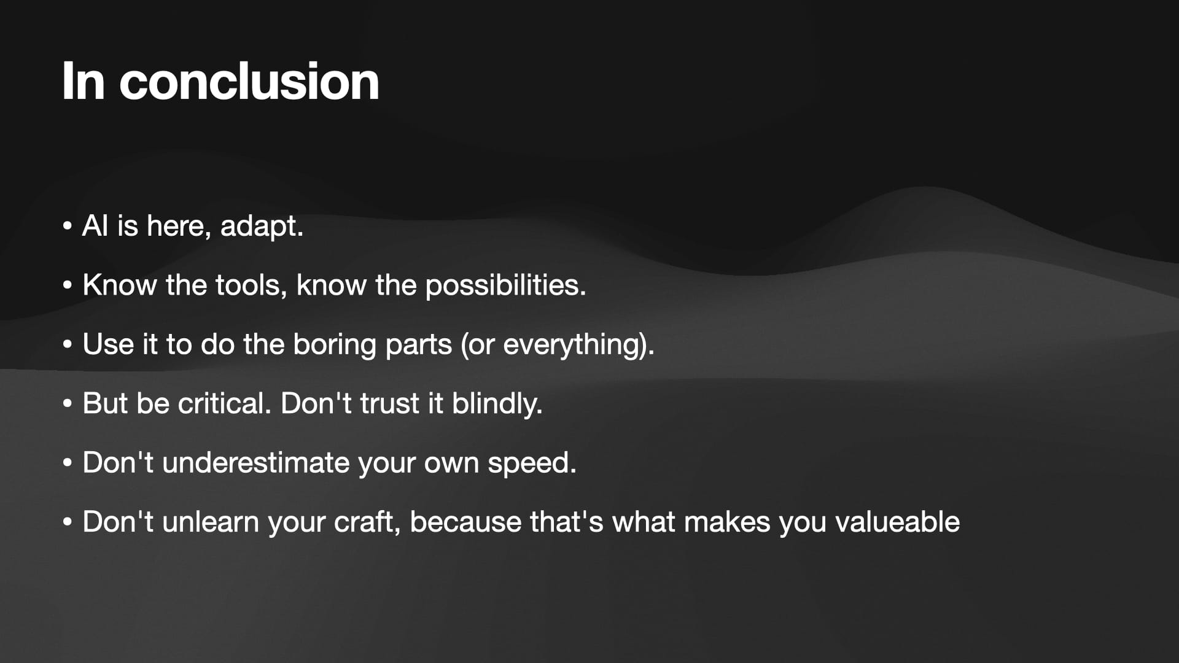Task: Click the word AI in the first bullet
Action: (95, 225)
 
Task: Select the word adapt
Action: (262, 227)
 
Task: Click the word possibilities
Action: (505, 285)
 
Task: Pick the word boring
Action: (334, 344)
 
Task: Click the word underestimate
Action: (255, 462)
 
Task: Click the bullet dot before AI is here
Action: (68, 226)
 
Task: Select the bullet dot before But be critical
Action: (68, 404)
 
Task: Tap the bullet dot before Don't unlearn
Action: (68, 522)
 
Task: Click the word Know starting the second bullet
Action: (120, 285)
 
